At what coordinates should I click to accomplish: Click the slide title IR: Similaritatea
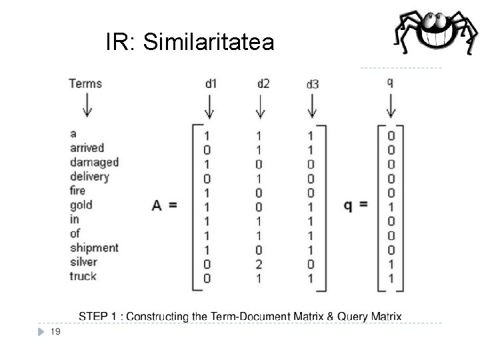coord(189,43)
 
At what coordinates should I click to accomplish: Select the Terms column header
coord(85,83)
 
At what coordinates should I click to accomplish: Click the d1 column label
coord(211,83)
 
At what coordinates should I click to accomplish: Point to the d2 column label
coord(263,83)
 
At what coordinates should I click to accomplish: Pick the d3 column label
coord(312,84)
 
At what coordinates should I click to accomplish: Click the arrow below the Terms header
coord(86,105)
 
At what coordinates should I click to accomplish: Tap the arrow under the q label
coord(391,105)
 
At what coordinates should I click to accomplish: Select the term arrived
coord(87,148)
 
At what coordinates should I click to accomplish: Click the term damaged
coord(94,162)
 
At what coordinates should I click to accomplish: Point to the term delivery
coord(89,177)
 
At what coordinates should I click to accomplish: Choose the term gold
coord(81,205)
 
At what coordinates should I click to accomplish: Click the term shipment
coord(94,248)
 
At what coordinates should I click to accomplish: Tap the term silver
coord(83,262)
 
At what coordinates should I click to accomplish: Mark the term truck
coord(83,276)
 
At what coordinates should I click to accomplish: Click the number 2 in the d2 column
coord(259,264)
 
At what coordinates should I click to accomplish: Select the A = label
coord(164,205)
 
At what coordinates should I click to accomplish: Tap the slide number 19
coord(55,331)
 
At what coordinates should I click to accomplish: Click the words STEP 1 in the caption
coord(98,316)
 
